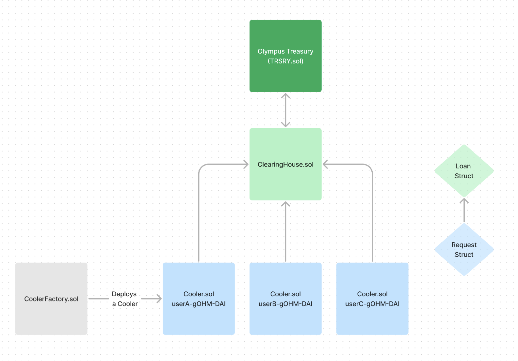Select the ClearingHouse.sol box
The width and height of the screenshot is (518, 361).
(x=285, y=183)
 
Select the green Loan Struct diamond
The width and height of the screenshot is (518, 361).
(x=464, y=186)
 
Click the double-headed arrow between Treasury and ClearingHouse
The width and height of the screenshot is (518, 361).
(x=285, y=110)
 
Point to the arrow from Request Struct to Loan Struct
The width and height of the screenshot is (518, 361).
(x=464, y=211)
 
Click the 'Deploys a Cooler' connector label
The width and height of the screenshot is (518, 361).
(x=125, y=299)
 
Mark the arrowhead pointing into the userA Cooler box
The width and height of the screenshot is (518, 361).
(x=159, y=299)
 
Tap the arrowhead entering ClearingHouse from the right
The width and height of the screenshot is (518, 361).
(x=325, y=164)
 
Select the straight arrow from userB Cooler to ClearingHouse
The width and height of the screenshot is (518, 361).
(x=285, y=232)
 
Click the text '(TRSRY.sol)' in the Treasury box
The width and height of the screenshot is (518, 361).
(x=285, y=61)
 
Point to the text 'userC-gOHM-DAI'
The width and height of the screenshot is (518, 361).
(x=372, y=304)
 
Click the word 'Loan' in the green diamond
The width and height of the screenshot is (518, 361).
(x=463, y=166)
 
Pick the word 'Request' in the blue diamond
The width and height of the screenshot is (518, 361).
(x=464, y=245)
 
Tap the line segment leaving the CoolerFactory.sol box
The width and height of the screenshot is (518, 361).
(x=98, y=299)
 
